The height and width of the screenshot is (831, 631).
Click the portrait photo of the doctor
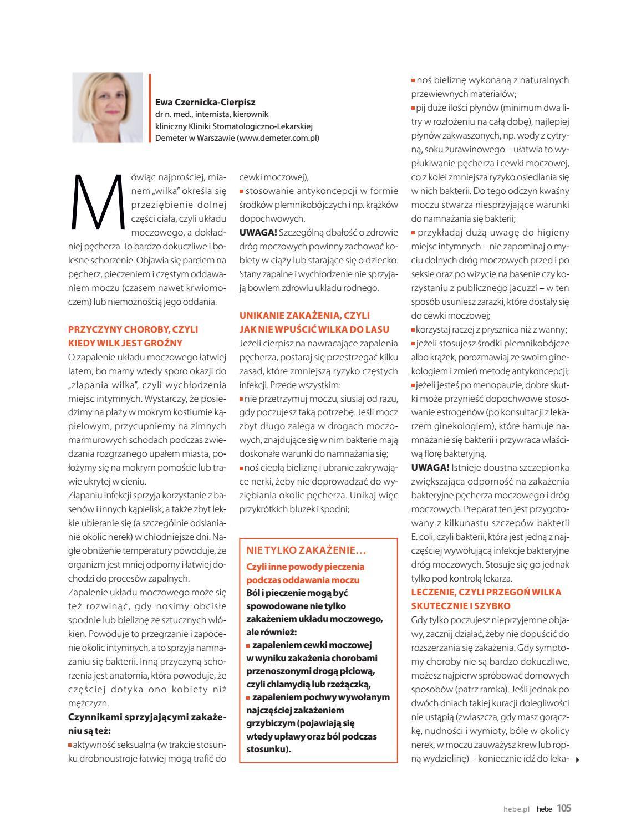(107, 107)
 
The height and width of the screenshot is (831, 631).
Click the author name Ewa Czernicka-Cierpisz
(205, 102)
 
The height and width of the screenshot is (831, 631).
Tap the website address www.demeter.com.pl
(278, 138)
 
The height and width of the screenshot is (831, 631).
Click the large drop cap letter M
(96, 201)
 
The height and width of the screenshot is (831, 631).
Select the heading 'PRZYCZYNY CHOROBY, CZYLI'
(133, 329)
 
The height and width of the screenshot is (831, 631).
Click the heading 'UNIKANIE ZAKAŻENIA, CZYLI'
(304, 315)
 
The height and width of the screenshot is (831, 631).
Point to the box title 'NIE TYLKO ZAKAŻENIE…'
(306, 550)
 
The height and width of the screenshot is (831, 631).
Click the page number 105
(564, 808)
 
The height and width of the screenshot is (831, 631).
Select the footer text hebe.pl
(517, 809)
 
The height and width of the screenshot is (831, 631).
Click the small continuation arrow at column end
(577, 759)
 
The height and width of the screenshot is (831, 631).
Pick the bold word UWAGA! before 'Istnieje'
(430, 467)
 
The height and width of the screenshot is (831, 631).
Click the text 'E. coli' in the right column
(422, 537)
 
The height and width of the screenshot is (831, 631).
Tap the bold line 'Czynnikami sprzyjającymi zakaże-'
(147, 717)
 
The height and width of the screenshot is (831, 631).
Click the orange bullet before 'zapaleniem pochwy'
(248, 697)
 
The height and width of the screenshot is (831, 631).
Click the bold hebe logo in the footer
(544, 809)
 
